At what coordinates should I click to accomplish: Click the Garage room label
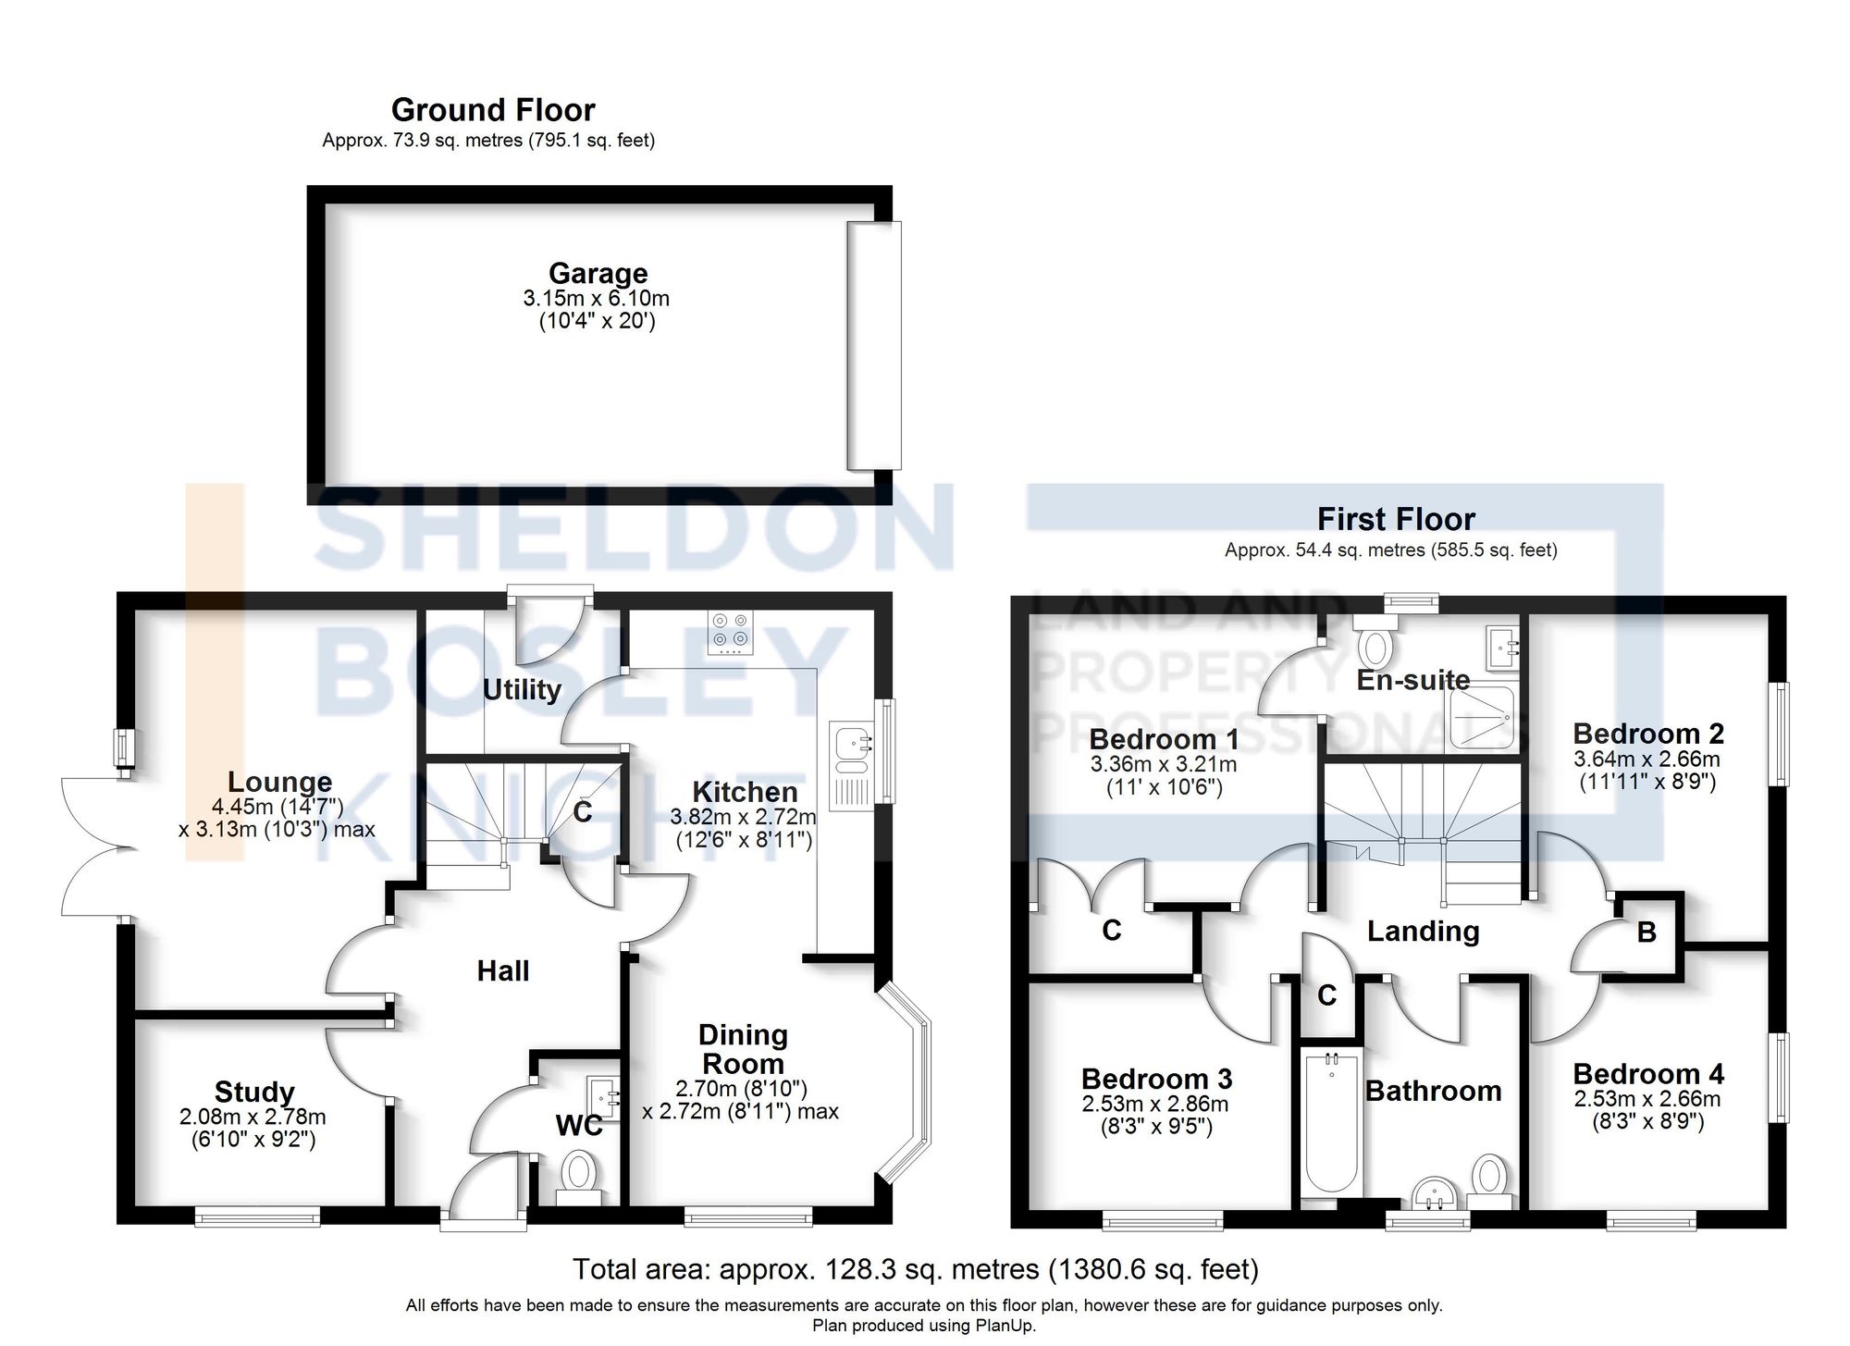pyautogui.click(x=598, y=274)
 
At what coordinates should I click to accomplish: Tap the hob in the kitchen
pyautogui.click(x=730, y=632)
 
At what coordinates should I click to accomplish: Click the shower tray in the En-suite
pyautogui.click(x=1481, y=717)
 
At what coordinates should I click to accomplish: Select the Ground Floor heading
pyautogui.click(x=493, y=110)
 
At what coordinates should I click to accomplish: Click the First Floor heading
pyautogui.click(x=1395, y=519)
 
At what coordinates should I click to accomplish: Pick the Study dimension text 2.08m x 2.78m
pyautogui.click(x=253, y=1118)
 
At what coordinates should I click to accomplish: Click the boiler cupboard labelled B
pyautogui.click(x=1646, y=932)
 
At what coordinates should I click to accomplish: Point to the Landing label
pyautogui.click(x=1423, y=932)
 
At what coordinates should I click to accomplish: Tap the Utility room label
pyautogui.click(x=522, y=690)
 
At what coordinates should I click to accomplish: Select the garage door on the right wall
pyautogui.click(x=873, y=345)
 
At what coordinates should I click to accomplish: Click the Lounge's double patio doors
pyautogui.click(x=92, y=846)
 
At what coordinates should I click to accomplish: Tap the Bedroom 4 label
pyautogui.click(x=1647, y=1074)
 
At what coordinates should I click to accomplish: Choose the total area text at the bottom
pyautogui.click(x=915, y=1269)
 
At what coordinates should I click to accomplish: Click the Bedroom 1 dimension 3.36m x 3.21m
pyautogui.click(x=1163, y=765)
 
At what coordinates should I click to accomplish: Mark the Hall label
pyautogui.click(x=503, y=971)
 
